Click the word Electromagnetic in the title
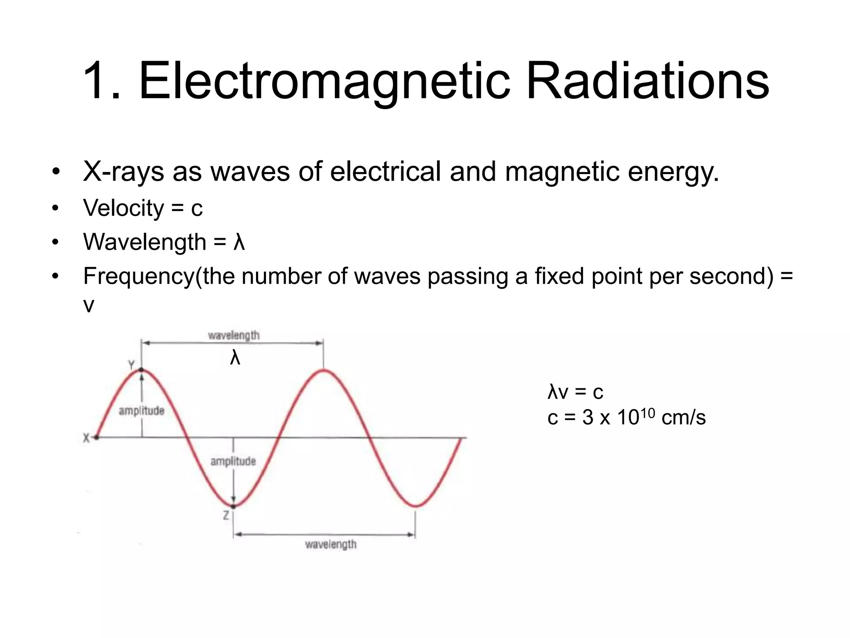click(x=324, y=81)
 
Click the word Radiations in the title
click(x=648, y=81)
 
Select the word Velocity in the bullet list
click(x=123, y=208)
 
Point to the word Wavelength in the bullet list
click(x=144, y=242)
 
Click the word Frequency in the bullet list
click(x=139, y=276)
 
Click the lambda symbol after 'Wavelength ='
click(x=239, y=242)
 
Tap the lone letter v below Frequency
click(x=89, y=305)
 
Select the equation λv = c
click(x=575, y=392)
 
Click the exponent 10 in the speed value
click(x=647, y=413)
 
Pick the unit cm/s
click(x=684, y=417)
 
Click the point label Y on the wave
click(x=131, y=365)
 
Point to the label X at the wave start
click(x=86, y=438)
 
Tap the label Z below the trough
click(x=226, y=515)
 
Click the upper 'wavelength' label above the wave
click(x=234, y=335)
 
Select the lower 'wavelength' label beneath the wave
click(x=331, y=544)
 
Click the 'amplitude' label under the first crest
click(x=142, y=411)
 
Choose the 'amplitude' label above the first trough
click(x=233, y=461)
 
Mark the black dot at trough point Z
click(x=233, y=506)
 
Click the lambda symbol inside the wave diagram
click(x=235, y=357)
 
